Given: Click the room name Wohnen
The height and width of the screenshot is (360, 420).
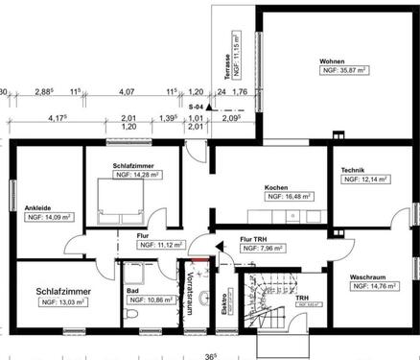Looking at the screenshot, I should tap(332, 59).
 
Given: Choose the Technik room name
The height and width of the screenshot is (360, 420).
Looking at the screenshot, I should tap(352, 169).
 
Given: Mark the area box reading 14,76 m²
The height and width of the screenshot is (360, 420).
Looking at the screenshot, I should tap(372, 285).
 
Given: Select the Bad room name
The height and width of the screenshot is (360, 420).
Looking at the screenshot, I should tap(131, 288).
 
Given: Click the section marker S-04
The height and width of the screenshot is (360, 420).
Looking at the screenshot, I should tap(196, 107).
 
